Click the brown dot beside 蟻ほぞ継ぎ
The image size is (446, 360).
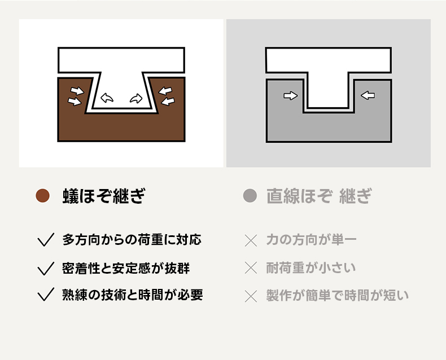[43, 196]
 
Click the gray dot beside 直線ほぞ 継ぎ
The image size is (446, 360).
[250, 196]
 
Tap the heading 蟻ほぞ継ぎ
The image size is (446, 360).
[104, 196]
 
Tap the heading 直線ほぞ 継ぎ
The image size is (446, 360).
[319, 196]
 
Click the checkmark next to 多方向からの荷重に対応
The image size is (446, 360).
[46, 240]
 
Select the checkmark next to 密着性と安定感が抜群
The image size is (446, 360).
[46, 269]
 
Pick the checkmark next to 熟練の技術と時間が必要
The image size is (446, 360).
[46, 295]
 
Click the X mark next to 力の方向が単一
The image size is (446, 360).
[251, 240]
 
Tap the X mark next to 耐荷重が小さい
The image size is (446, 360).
[251, 268]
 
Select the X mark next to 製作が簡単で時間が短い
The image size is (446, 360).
[251, 296]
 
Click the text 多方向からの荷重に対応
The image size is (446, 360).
[132, 240]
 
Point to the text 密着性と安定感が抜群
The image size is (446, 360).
[126, 268]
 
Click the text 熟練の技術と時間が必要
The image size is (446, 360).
[133, 295]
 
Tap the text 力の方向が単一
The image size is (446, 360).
[312, 240]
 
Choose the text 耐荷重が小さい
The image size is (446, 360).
[311, 268]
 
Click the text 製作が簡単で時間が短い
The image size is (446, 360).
[338, 296]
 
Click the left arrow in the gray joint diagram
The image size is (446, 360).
[291, 95]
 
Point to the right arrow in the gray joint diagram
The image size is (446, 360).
[368, 95]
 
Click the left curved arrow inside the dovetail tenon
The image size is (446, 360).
[107, 98]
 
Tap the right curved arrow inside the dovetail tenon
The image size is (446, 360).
[136, 98]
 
